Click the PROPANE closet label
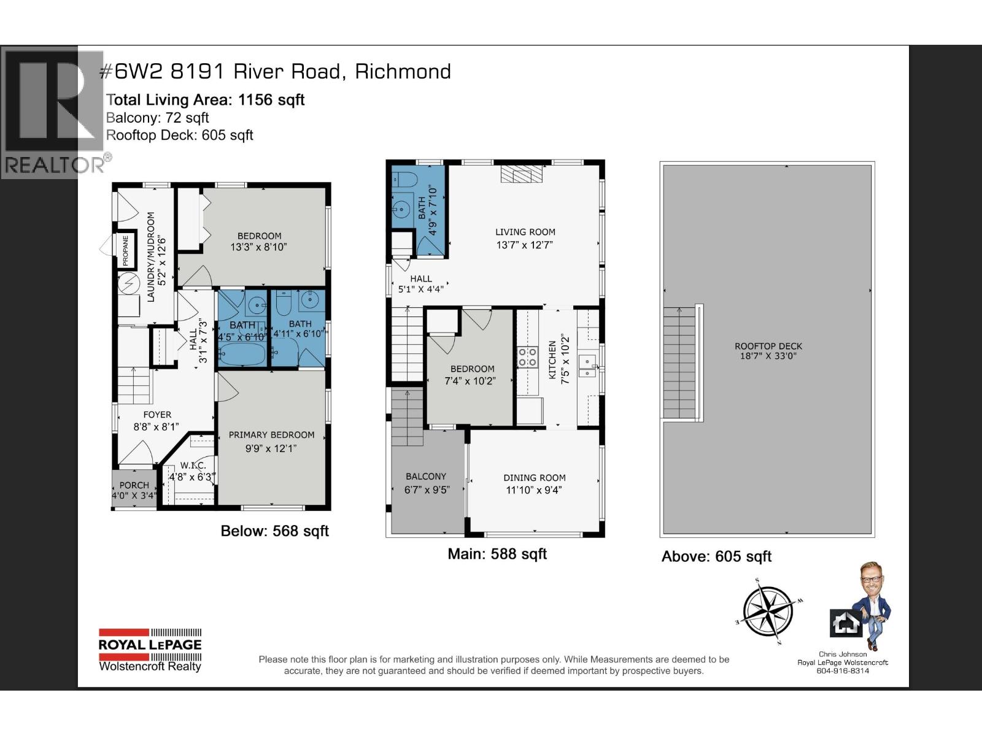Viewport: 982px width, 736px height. [126, 251]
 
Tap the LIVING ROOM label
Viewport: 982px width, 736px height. [525, 232]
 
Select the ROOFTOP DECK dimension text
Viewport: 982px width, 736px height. [768, 356]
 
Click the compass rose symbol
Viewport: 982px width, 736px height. [768, 611]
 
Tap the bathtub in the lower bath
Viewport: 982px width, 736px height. [242, 354]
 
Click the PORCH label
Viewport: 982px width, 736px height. [134, 485]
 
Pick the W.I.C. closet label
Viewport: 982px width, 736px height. [193, 466]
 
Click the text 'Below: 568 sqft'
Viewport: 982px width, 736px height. [274, 531]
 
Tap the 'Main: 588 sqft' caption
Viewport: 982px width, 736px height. [497, 554]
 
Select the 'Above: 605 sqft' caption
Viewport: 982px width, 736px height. [716, 556]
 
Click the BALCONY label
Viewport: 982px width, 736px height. [425, 476]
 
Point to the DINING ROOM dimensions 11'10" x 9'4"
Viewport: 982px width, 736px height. [534, 489]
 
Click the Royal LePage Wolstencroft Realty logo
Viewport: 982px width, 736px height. [150, 650]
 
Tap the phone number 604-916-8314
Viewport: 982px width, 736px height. [843, 670]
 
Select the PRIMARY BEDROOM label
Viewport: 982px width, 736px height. [271, 435]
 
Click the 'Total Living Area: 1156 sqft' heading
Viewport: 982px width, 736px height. [206, 100]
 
